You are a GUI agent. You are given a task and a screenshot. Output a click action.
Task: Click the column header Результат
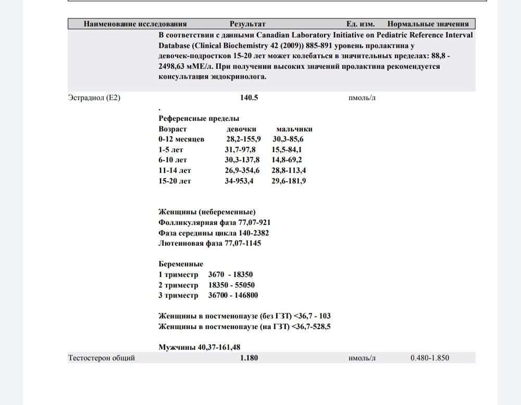click(247, 24)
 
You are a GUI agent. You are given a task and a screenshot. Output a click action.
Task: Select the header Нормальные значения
click(428, 24)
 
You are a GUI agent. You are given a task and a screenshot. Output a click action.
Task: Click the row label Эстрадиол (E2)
click(94, 98)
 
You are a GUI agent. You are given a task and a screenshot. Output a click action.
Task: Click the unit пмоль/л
click(362, 98)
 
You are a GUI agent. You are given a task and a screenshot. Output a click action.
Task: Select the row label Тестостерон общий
click(102, 358)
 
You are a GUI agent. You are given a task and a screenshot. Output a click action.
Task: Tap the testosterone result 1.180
click(249, 358)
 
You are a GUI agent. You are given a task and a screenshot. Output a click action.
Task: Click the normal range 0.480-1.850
click(430, 358)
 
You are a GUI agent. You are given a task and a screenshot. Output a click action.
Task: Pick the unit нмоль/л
click(362, 358)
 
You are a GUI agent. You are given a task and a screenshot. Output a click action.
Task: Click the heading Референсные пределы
click(199, 118)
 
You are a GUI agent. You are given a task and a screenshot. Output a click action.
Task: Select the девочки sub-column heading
click(241, 129)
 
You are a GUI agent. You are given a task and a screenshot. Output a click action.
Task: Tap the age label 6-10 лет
click(173, 160)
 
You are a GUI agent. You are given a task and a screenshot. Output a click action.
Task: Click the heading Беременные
click(181, 264)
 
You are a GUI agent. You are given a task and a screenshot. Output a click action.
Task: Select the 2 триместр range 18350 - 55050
click(231, 285)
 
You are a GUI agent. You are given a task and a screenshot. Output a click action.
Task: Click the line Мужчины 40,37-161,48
click(199, 347)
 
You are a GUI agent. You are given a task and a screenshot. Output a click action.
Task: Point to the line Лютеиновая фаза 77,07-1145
click(209, 243)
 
